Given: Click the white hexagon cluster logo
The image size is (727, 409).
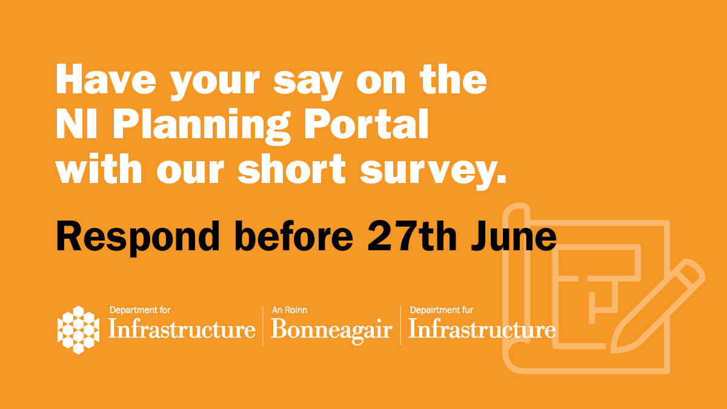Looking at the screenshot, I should click(x=78, y=330).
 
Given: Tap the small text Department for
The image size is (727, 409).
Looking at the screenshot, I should click(x=140, y=310).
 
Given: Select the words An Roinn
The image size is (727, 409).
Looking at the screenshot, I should click(x=290, y=310).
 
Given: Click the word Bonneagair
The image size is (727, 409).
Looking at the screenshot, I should click(x=331, y=330).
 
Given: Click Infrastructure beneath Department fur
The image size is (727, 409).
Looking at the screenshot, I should click(x=482, y=330).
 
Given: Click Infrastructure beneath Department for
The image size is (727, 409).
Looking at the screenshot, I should click(x=182, y=330).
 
